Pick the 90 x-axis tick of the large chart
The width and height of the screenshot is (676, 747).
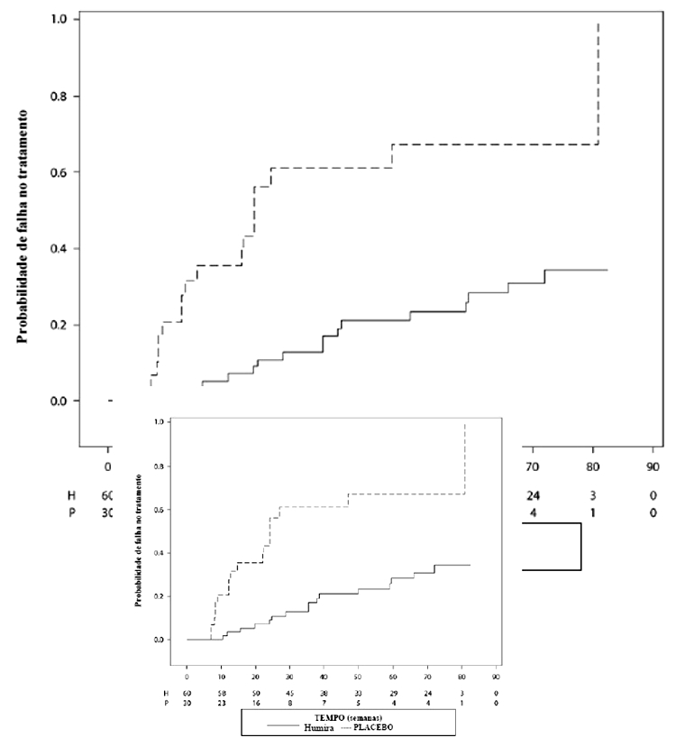coord(653,466)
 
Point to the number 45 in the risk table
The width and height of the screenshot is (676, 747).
coord(289,690)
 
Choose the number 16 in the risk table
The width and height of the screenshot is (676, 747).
coord(255,701)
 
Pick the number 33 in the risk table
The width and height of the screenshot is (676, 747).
coord(358,690)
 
